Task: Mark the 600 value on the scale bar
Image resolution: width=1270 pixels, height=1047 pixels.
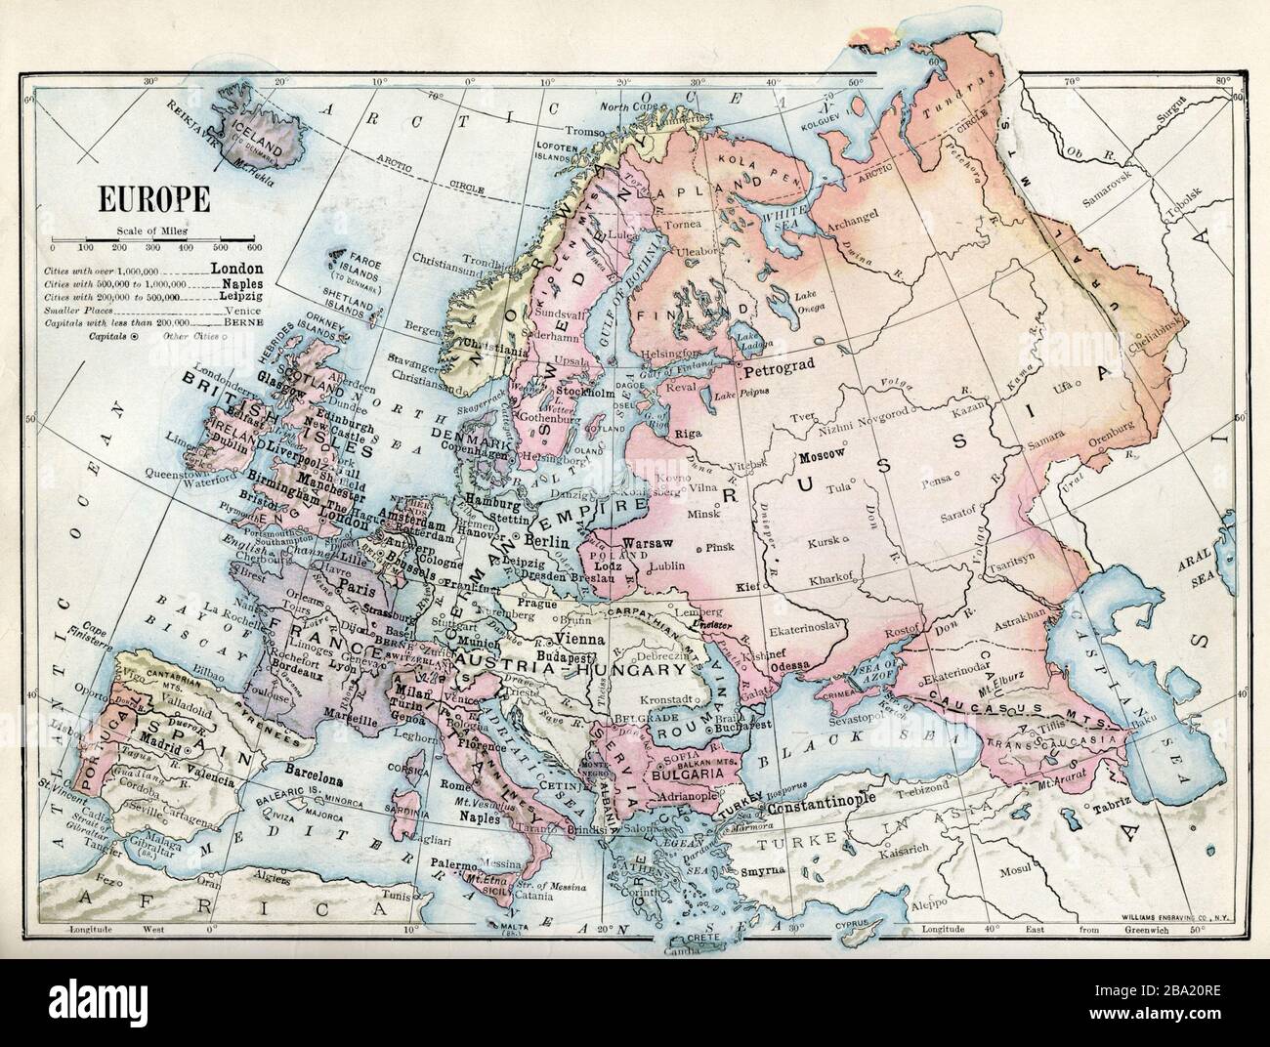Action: tap(252, 248)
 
